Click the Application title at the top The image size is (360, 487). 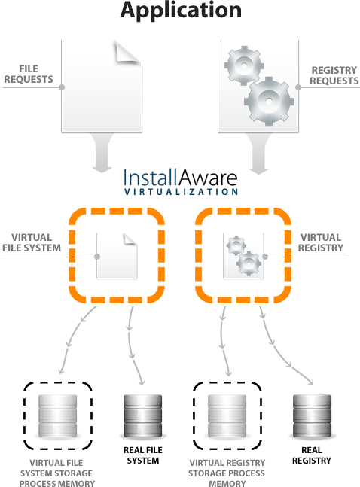(x=181, y=12)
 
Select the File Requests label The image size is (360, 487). (x=30, y=74)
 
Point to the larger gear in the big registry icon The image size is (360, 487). (x=268, y=97)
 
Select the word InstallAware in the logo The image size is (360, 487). (x=181, y=178)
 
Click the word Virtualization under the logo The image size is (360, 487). (x=181, y=193)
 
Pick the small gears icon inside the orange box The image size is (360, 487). (x=243, y=256)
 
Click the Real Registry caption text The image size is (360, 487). (x=313, y=455)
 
